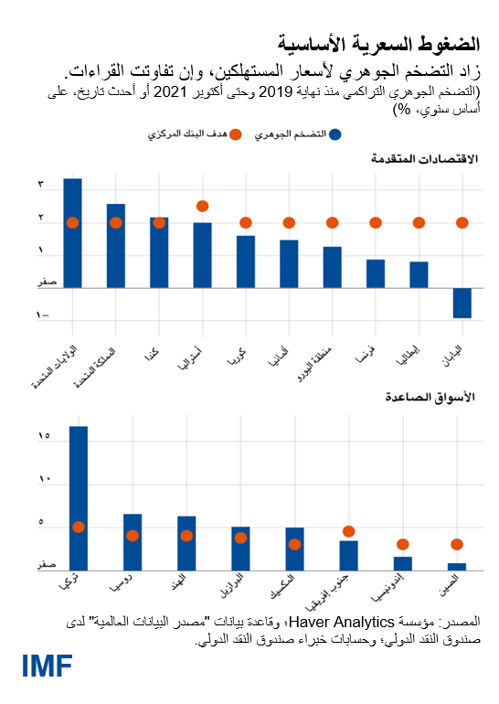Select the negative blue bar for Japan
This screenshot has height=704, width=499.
(462, 303)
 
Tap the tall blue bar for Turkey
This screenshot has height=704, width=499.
(79, 498)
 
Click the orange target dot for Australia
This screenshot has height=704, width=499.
(202, 206)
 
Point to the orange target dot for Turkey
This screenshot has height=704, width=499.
(79, 527)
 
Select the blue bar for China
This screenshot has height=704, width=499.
(456, 566)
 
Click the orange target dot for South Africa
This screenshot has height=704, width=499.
(348, 531)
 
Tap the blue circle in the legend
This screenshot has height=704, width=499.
(335, 134)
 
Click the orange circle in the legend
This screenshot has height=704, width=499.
(236, 134)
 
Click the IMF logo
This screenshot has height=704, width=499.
(48, 667)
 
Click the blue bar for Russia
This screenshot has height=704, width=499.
(133, 541)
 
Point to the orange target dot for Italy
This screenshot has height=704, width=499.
(419, 222)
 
